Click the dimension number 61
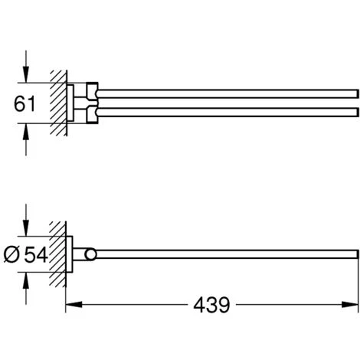coord(25,103)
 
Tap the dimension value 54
coord(36,254)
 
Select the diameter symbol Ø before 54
coord(11,254)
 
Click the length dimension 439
coord(211,305)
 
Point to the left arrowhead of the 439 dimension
coord(74,304)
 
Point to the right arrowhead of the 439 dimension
coord(350,304)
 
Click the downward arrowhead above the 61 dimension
coord(26,74)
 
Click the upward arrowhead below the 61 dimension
coord(26,132)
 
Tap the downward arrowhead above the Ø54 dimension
coord(26,228)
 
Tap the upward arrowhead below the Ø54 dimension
coord(26,280)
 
